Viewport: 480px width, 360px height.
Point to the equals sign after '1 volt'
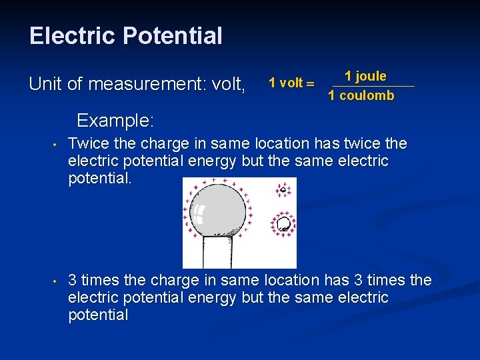pos(309,83)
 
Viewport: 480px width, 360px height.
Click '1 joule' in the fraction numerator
pos(365,76)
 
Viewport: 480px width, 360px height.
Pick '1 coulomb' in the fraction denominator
pos(361,95)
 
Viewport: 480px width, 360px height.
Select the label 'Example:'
pos(115,121)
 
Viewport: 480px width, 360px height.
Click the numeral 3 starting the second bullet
pos(73,280)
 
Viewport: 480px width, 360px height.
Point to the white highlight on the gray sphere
pos(198,214)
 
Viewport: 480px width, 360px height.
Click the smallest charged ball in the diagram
pos(283,190)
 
